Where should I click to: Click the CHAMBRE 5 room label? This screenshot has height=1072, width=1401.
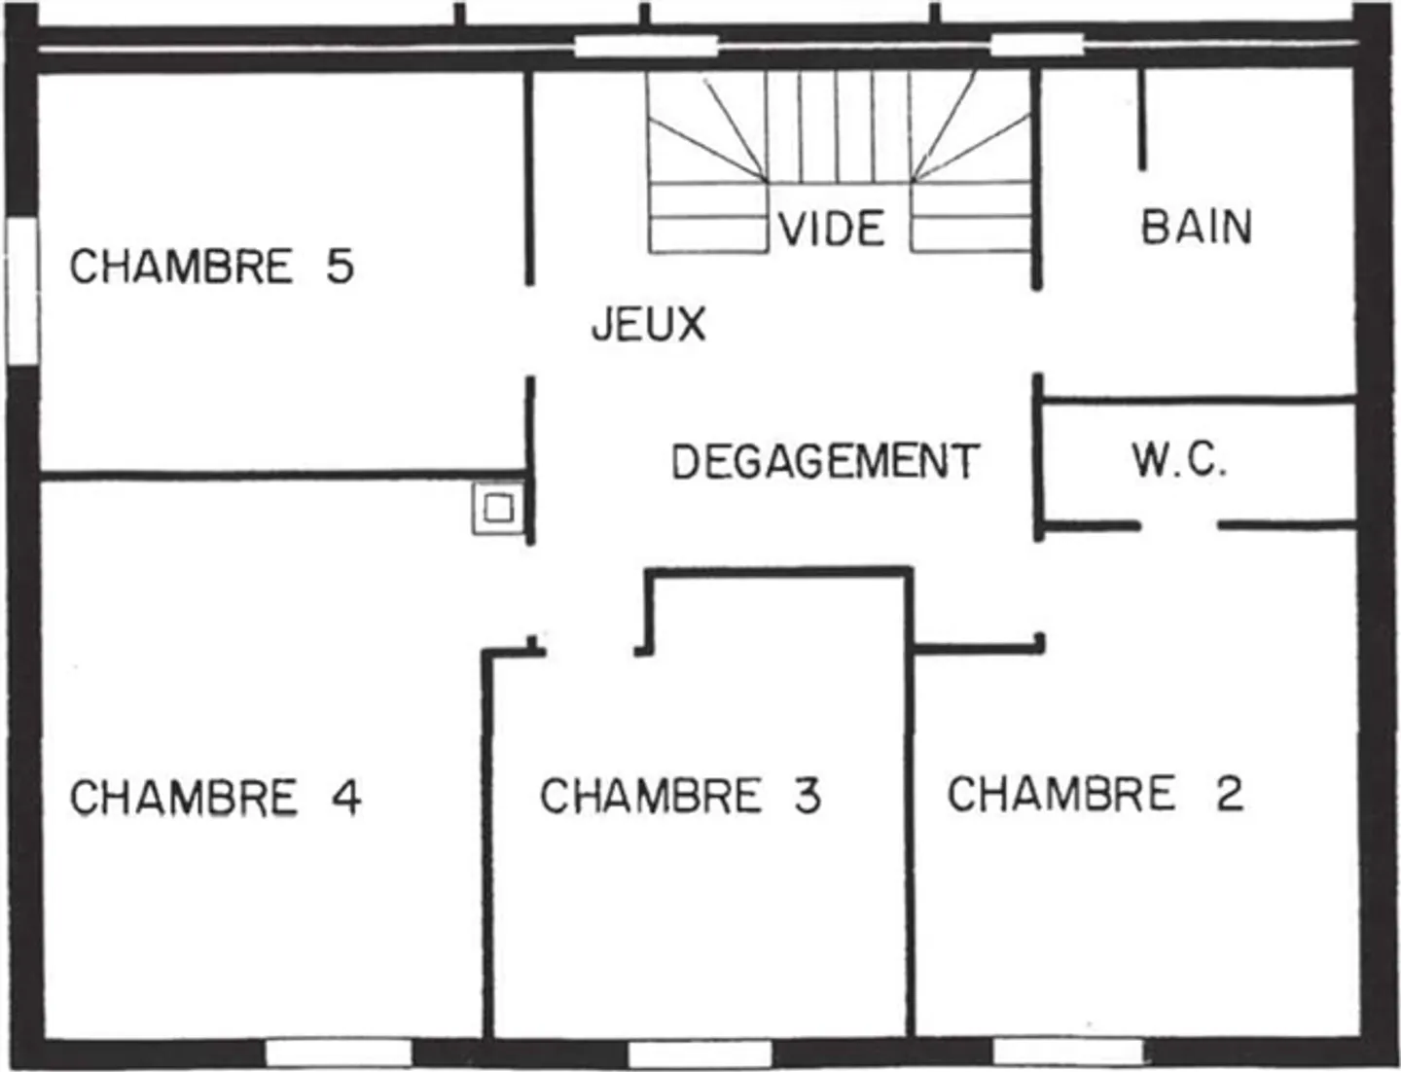coord(211,267)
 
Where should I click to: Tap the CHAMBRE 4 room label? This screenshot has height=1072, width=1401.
coord(215,798)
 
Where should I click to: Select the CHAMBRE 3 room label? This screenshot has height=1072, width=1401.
coord(680,796)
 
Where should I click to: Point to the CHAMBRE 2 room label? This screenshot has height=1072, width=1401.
coord(1095,794)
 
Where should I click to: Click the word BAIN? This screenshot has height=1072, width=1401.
coord(1196,227)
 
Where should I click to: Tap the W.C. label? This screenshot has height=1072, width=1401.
coord(1178,460)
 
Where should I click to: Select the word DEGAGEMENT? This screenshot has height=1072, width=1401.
coord(824,461)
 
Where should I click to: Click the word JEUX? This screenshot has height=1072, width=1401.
coord(648,324)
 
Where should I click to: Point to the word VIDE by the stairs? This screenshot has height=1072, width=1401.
coord(832,229)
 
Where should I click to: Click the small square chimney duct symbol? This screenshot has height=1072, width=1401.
coord(498,509)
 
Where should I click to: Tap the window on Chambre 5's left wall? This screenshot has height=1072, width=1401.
coord(22,291)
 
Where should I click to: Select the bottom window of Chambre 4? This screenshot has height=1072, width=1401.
coord(339,1053)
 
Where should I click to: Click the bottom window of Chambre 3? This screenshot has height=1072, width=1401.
coord(700,1053)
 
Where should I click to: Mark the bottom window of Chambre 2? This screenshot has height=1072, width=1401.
coord(1066,1052)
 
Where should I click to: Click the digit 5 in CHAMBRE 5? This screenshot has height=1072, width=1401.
coord(340,267)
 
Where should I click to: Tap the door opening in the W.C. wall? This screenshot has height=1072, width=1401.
coord(1178,526)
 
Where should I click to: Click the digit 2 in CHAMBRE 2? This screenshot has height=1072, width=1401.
coord(1229,794)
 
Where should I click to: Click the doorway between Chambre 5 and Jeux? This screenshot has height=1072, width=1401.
coord(530,331)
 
